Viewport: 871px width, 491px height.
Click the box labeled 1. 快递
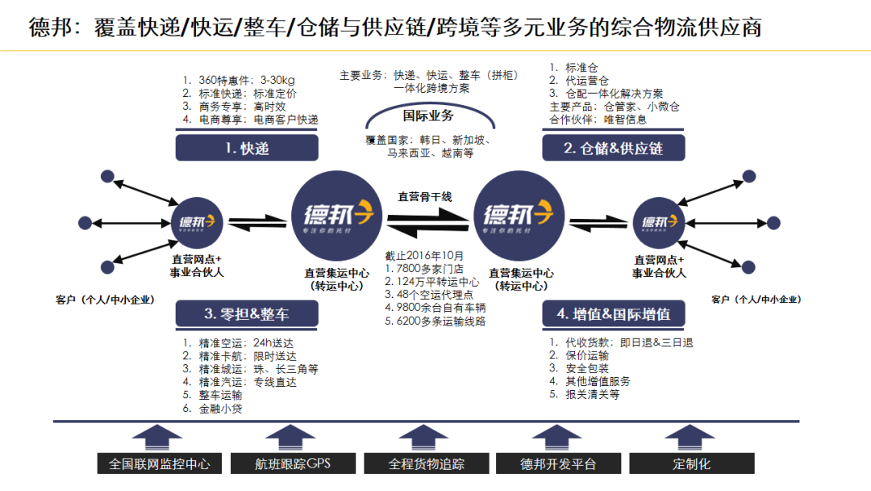(247, 148)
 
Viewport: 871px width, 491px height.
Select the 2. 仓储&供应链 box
(613, 148)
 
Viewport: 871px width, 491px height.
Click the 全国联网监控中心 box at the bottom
(159, 464)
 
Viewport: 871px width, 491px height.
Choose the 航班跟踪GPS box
(292, 464)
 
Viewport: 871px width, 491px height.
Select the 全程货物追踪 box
(426, 464)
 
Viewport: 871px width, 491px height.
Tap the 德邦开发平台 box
(558, 464)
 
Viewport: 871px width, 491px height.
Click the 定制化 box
(691, 464)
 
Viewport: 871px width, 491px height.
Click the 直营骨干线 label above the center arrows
(425, 196)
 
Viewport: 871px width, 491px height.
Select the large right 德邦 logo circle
(517, 214)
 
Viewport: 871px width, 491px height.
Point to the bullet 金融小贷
(220, 409)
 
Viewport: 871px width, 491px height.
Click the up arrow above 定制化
(691, 437)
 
